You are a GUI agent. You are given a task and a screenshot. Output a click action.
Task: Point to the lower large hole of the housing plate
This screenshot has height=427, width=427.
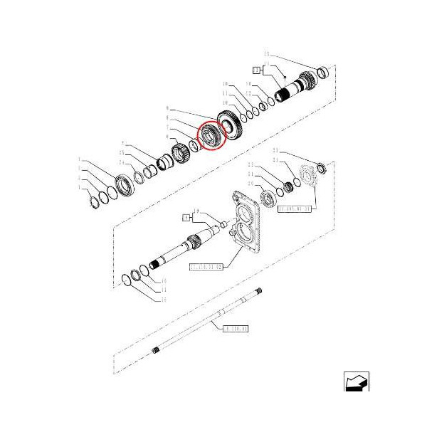click(x=246, y=233)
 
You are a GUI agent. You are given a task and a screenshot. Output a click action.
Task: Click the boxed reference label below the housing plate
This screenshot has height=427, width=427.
click(x=206, y=267)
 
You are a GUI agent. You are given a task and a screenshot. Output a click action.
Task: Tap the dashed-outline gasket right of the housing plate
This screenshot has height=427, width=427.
click(x=308, y=177)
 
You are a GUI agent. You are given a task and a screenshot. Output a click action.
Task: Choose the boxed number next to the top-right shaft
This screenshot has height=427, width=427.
click(x=257, y=69)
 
